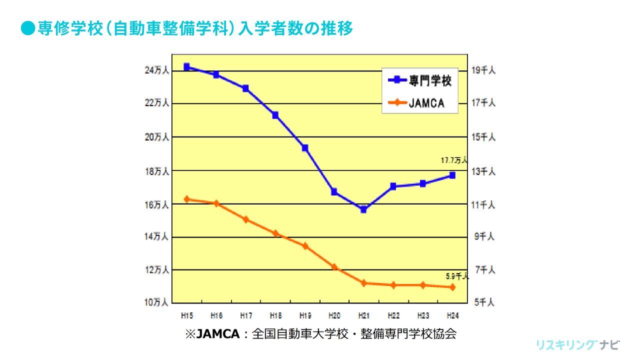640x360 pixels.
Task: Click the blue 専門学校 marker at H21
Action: click(x=363, y=209)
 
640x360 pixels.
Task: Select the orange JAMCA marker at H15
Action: click(x=186, y=199)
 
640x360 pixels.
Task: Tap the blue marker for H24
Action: click(x=452, y=175)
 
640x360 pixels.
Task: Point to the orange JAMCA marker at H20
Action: click(x=334, y=267)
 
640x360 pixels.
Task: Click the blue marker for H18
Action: click(x=275, y=115)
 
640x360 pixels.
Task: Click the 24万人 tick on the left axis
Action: click(x=157, y=70)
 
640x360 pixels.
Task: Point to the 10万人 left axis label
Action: click(x=157, y=302)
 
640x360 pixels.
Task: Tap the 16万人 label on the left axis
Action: click(x=157, y=204)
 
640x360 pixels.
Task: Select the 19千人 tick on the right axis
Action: click(x=483, y=70)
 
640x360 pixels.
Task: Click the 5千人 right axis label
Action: click(x=483, y=302)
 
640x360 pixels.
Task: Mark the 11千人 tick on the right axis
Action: click(x=483, y=204)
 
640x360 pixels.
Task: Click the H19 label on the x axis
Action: click(x=305, y=316)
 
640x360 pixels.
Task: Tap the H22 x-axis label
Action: click(x=393, y=316)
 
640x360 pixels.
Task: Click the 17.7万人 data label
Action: click(x=453, y=160)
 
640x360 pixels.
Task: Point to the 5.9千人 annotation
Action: click(x=457, y=276)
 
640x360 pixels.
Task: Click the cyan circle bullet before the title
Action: click(x=28, y=28)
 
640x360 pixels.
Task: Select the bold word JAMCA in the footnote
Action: click(x=218, y=334)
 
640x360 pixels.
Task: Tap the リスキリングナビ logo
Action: click(x=577, y=345)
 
